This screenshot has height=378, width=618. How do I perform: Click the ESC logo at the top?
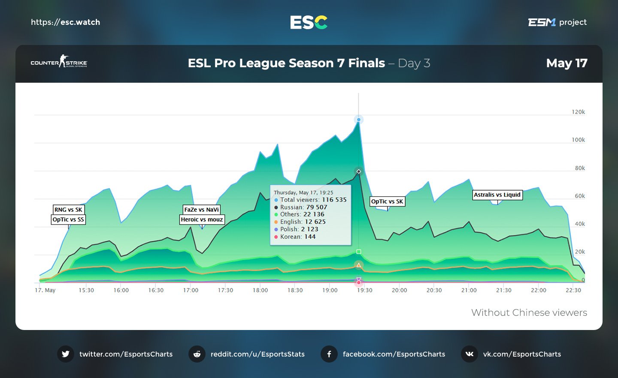tap(309, 22)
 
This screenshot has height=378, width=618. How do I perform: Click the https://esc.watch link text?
tap(65, 22)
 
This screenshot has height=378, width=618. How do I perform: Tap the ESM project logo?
tap(557, 22)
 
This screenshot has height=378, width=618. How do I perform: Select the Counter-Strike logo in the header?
tap(59, 62)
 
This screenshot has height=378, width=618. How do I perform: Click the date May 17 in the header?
tap(566, 63)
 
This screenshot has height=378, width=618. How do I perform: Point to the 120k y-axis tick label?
tap(578, 112)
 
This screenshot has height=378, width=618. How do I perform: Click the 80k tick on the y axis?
tap(579, 168)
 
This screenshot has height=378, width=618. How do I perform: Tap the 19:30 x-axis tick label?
tap(364, 290)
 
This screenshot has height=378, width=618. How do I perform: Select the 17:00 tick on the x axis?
tap(191, 290)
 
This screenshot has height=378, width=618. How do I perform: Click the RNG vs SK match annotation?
tap(68, 210)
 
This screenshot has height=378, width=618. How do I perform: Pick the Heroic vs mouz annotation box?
tap(202, 219)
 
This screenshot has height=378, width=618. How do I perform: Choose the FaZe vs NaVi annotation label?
tap(202, 210)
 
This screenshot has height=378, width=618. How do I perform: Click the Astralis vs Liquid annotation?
tap(497, 195)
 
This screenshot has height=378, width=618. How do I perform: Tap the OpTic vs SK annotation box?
tap(387, 201)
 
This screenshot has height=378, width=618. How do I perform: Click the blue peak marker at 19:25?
tap(358, 120)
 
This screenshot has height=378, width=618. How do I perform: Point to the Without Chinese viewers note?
tap(529, 312)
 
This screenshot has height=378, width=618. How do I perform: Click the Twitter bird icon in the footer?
tap(66, 354)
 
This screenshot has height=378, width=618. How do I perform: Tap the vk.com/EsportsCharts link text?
tap(522, 354)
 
